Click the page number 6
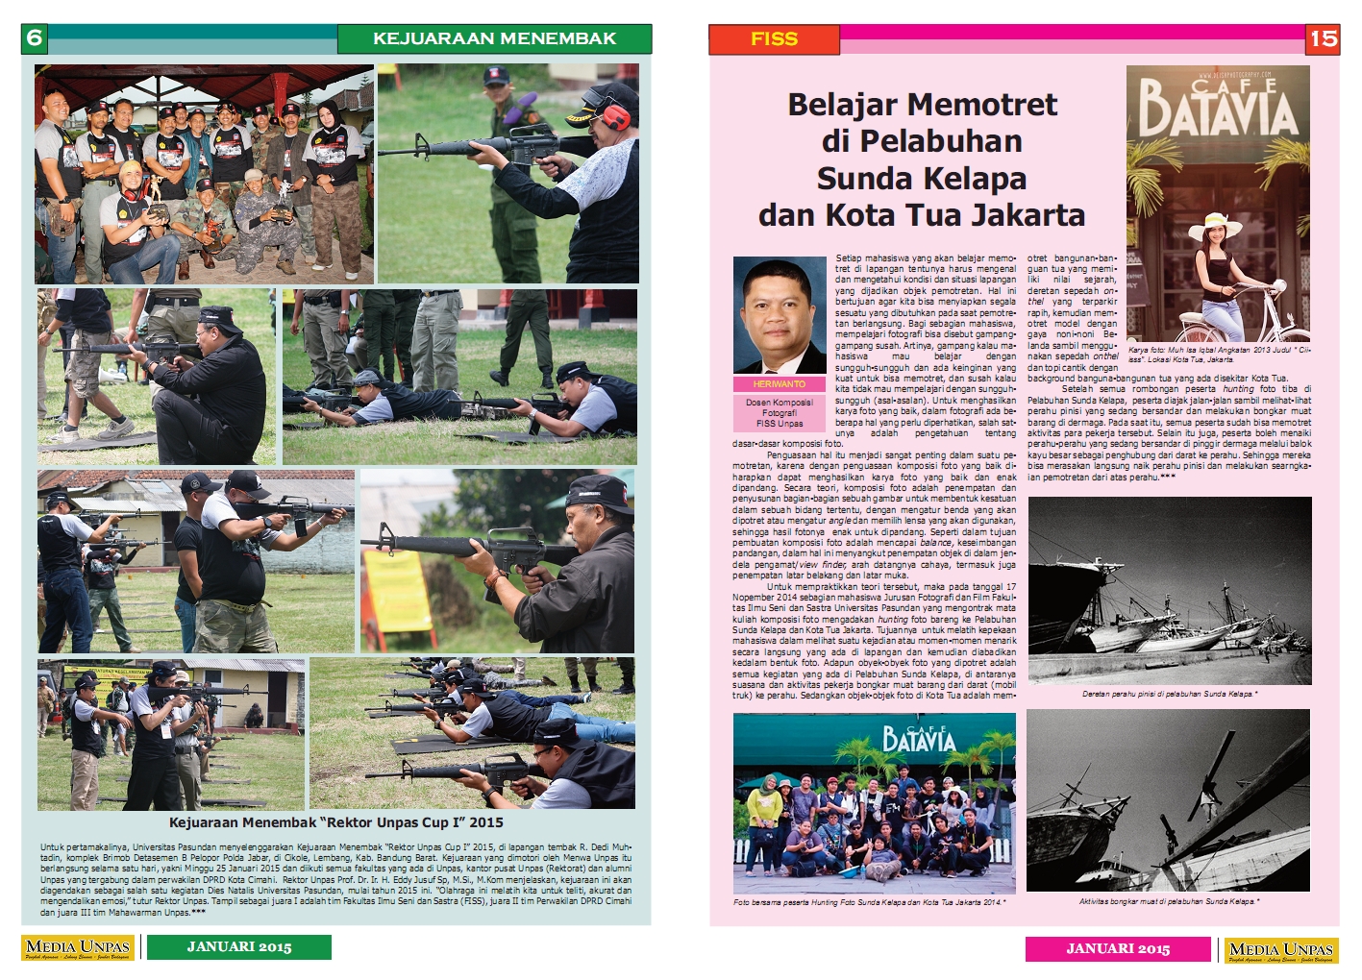[35, 38]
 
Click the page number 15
[1323, 38]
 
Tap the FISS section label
[774, 38]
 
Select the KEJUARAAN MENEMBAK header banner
[494, 38]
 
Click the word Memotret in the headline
[973, 104]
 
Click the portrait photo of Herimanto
[779, 315]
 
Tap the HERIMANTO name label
[779, 383]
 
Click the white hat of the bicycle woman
[1214, 222]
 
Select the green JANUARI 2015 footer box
[239, 947]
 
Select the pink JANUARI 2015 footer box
[1118, 948]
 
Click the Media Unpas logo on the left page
[78, 948]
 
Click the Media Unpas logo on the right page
[1281, 950]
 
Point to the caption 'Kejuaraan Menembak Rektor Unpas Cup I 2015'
[335, 822]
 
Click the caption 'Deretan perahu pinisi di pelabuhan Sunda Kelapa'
[1169, 693]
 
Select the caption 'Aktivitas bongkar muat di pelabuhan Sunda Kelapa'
[1169, 901]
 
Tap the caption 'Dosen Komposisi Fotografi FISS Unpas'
[779, 412]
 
